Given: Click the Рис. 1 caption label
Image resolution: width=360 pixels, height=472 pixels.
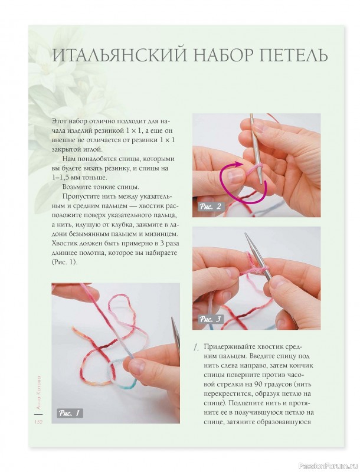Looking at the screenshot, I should point(70,412).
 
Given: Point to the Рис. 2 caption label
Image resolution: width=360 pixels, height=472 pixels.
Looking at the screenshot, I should point(211,206).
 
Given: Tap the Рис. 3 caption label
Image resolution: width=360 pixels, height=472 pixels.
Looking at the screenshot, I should point(211,320).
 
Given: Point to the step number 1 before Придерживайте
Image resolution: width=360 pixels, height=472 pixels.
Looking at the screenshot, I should point(196,348).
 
